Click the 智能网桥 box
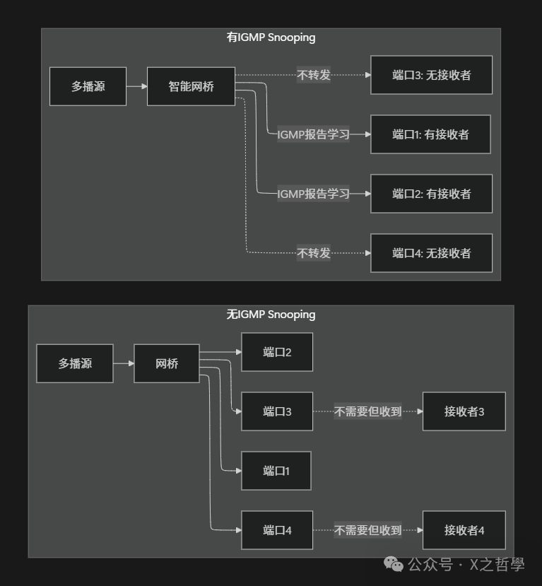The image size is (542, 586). [x=191, y=87]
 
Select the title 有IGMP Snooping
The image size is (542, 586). [x=271, y=37]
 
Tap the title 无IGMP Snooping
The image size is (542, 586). [x=271, y=315]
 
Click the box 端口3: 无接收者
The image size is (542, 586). [x=431, y=75]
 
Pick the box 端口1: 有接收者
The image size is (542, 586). [x=430, y=134]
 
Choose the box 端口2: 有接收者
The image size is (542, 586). [x=431, y=194]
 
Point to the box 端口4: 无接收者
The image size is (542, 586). [x=431, y=253]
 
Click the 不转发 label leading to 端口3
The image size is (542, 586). [x=314, y=75]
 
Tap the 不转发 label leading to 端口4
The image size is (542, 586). [x=314, y=253]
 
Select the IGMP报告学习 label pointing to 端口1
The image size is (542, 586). [x=314, y=134]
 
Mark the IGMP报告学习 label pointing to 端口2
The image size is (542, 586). [x=314, y=194]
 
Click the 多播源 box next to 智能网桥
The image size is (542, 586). [x=88, y=87]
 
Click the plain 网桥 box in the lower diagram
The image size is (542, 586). [x=167, y=364]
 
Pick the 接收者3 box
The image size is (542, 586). [x=464, y=411]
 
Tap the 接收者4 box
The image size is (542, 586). [x=464, y=530]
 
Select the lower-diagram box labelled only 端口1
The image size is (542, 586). [x=276, y=471]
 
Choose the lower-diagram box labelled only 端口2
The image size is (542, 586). [x=277, y=352]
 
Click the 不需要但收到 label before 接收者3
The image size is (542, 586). [x=367, y=411]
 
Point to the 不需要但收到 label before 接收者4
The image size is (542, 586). [x=367, y=530]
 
